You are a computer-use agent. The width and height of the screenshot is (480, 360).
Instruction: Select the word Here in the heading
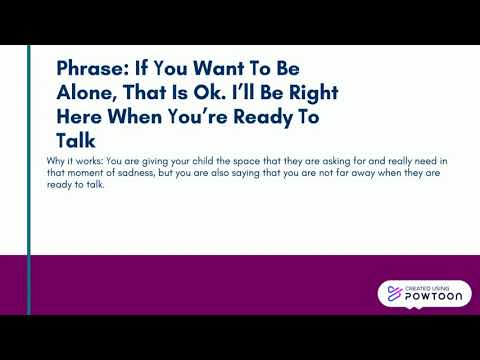click(x=82, y=117)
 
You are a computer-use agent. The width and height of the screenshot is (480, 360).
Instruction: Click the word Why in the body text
click(x=56, y=160)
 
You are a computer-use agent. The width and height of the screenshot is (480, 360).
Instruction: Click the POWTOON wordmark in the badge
click(x=435, y=298)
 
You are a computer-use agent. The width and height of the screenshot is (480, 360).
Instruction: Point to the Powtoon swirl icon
click(x=393, y=294)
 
